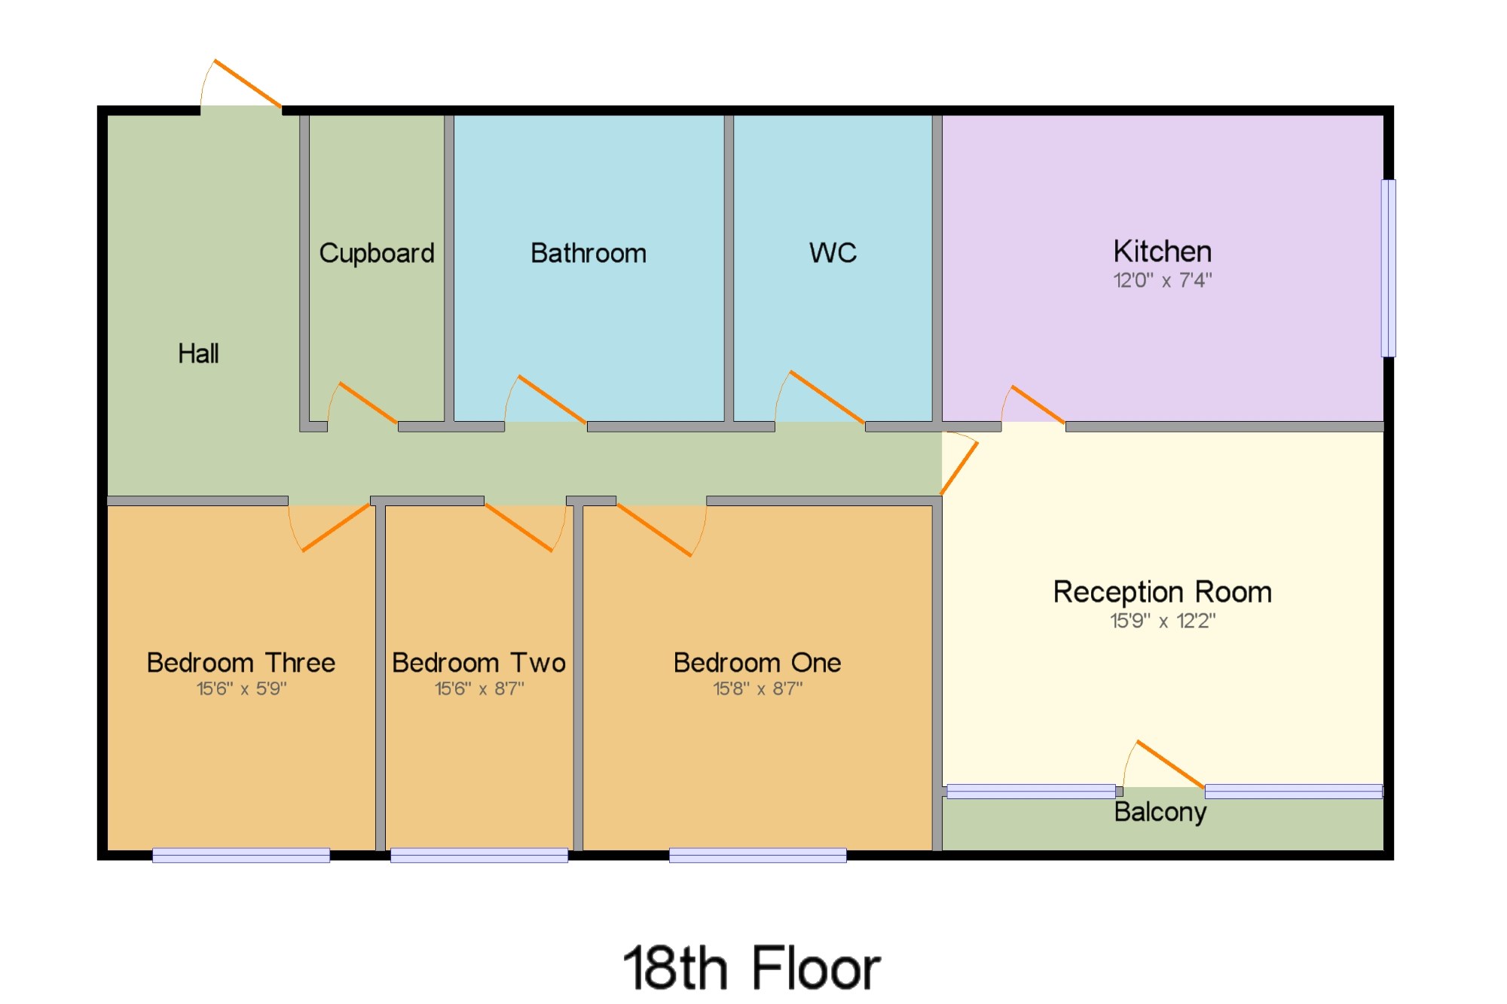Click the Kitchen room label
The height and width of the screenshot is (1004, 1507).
pyautogui.click(x=1162, y=252)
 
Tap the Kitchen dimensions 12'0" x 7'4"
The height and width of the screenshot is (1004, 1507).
pyautogui.click(x=1162, y=281)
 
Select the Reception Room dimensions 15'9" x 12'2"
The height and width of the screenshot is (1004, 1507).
pyautogui.click(x=1162, y=621)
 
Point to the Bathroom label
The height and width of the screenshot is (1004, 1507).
pyautogui.click(x=588, y=253)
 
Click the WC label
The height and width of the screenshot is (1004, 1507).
pyautogui.click(x=833, y=253)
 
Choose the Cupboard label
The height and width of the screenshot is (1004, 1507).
pyautogui.click(x=377, y=253)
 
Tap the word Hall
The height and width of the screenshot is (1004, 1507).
pyautogui.click(x=198, y=353)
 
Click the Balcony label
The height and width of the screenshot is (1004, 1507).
pyautogui.click(x=1160, y=812)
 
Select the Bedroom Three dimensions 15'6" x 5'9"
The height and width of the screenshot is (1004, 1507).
pyautogui.click(x=241, y=688)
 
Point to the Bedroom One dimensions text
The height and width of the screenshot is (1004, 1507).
pyautogui.click(x=757, y=688)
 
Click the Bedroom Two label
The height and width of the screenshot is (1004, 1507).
pyautogui.click(x=478, y=663)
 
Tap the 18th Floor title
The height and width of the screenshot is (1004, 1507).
pyautogui.click(x=751, y=969)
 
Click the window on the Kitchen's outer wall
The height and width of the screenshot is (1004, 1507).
pyautogui.click(x=1388, y=268)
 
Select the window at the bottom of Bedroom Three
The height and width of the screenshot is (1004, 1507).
pyautogui.click(x=241, y=855)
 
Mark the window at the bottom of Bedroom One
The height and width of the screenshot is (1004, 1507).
pyautogui.click(x=757, y=855)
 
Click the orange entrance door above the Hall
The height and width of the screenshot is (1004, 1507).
pyautogui.click(x=247, y=83)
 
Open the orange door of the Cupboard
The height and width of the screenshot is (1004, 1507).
pyautogui.click(x=368, y=403)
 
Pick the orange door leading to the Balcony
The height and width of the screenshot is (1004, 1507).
pyautogui.click(x=1170, y=764)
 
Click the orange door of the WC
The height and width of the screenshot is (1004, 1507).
pyautogui.click(x=827, y=397)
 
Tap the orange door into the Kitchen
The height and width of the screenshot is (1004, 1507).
pyautogui.click(x=1038, y=404)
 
